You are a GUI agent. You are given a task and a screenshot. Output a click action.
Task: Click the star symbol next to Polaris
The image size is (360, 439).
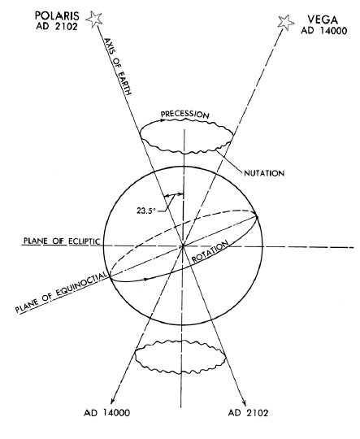click(x=94, y=20)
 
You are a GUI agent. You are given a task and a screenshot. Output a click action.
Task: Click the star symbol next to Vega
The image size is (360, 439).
click(x=286, y=22)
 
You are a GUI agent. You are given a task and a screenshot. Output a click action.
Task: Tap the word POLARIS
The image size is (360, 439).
click(x=57, y=15)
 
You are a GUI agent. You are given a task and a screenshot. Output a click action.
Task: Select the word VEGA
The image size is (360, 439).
click(x=323, y=20)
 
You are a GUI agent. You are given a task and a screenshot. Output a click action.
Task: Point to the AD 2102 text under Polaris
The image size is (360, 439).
click(x=57, y=27)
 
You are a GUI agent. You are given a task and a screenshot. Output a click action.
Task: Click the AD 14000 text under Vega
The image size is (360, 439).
click(x=324, y=30)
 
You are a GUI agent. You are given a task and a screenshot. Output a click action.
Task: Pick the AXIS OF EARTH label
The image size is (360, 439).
click(x=118, y=67)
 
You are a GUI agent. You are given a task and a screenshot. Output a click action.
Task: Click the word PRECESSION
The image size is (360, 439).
click(x=184, y=115)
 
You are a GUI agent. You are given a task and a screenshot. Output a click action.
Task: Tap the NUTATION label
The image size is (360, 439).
click(x=264, y=173)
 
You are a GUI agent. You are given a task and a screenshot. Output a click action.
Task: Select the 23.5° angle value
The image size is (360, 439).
click(x=145, y=211)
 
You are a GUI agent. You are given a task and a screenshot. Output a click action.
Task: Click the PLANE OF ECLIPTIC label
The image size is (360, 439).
click(x=62, y=241)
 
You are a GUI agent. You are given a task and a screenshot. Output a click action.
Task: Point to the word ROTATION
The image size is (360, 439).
click(x=210, y=251)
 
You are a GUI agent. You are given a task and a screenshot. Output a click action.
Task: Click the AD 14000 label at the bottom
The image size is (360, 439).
click(x=107, y=413)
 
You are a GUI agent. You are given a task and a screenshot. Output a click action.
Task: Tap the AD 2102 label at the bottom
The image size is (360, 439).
click(x=249, y=413)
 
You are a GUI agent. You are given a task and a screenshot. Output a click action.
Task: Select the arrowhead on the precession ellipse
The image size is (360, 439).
click(x=162, y=120)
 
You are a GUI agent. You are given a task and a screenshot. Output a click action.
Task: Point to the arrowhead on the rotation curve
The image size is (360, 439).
click(x=145, y=279)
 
